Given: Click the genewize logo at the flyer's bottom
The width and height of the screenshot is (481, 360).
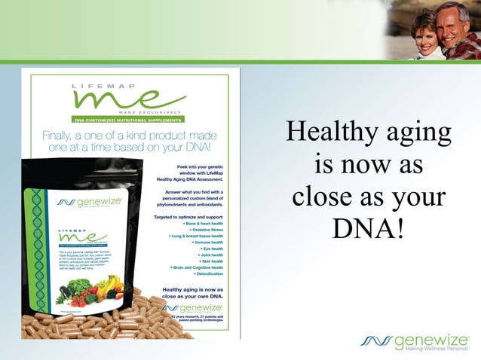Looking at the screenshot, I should (192, 308).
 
